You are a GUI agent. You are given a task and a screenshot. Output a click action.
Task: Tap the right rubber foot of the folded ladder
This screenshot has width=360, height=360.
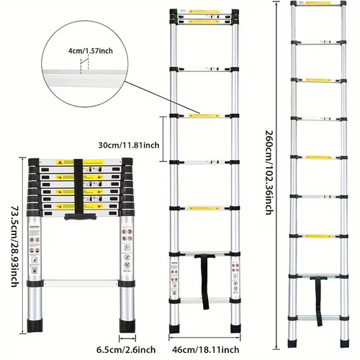(127, 325)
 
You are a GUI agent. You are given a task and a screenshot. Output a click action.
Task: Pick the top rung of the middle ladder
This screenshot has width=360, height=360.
(204, 13)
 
